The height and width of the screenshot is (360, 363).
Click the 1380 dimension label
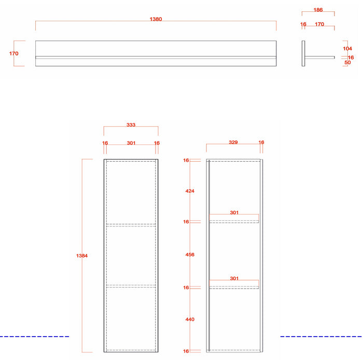point(156,19)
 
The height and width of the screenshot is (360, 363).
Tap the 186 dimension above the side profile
point(318,10)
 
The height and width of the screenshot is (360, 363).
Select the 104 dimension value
point(347,49)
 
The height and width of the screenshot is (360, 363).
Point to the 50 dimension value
point(347,63)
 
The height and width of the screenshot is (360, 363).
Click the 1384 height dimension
point(82,255)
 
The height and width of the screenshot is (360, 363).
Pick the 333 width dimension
point(131,125)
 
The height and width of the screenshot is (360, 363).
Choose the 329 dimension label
point(233,142)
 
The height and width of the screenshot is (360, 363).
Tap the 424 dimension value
point(190,191)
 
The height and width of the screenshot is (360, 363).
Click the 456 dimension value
point(190,254)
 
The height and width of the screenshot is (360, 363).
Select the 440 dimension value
point(190,319)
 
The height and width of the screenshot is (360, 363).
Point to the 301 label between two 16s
point(131,143)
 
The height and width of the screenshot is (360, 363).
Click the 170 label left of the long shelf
point(13,53)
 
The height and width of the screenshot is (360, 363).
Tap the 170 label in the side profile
point(319,24)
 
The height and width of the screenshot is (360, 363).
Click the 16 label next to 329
point(261,142)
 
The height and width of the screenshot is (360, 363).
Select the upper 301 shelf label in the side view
point(234,212)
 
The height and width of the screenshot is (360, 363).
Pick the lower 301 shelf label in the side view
point(234,278)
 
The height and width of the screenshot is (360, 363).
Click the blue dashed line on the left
point(35,336)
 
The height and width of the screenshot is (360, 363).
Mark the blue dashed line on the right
point(322,336)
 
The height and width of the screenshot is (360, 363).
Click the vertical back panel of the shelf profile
point(303,53)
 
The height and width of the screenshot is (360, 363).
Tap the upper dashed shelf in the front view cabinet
point(131,225)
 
